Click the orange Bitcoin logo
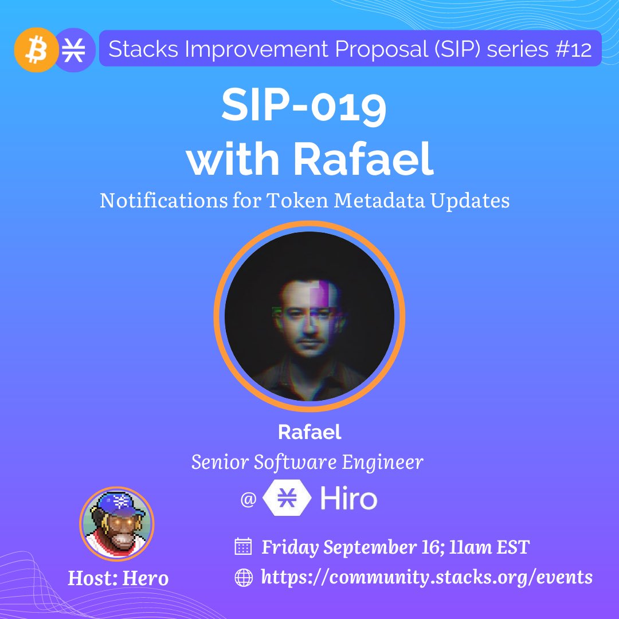click(x=36, y=50)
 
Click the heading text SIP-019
click(x=304, y=105)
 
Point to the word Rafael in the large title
click(x=363, y=158)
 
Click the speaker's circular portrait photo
click(x=309, y=316)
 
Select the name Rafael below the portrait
click(x=309, y=432)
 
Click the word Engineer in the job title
click(x=382, y=463)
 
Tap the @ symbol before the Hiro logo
click(x=248, y=499)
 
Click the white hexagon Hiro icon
click(x=287, y=497)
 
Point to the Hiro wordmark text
click(x=348, y=498)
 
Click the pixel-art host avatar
click(x=117, y=524)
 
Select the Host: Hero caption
click(x=118, y=578)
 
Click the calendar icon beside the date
click(x=243, y=546)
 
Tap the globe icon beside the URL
click(x=244, y=578)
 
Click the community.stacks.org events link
click(x=427, y=578)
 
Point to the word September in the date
click(x=370, y=547)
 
